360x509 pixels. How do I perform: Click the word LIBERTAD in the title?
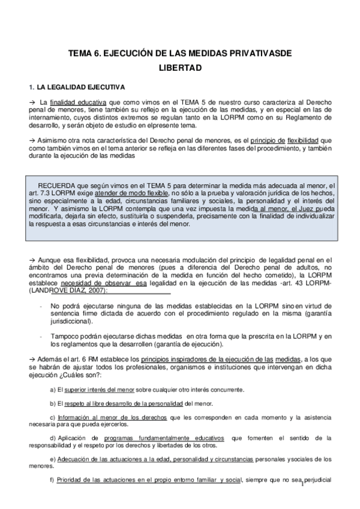pos(180,68)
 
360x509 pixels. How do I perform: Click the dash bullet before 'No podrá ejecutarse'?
pos(40,306)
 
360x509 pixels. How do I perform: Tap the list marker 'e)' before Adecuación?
pos(53,459)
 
